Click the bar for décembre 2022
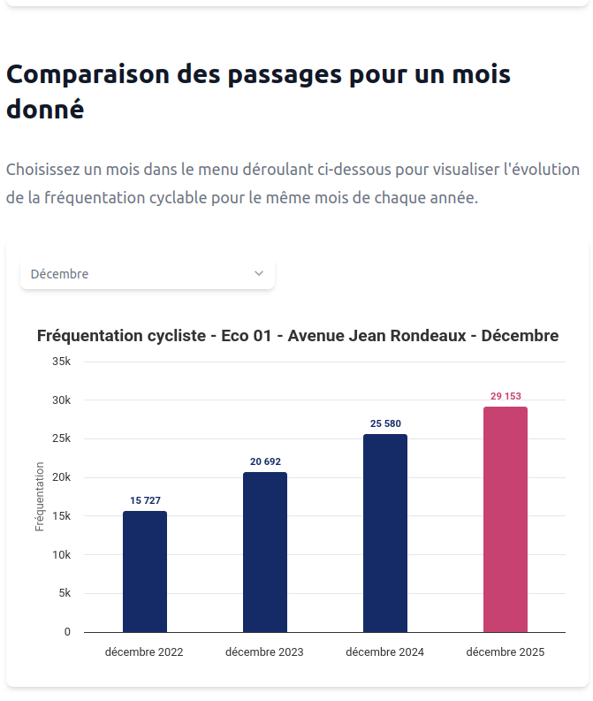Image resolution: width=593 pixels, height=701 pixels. [x=145, y=571]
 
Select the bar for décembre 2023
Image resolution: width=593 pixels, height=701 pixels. [x=265, y=552]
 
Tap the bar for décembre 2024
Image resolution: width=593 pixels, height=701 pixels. [x=385, y=533]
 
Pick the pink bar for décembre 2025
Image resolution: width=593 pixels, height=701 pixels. [x=506, y=519]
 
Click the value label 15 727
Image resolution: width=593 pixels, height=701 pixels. [x=145, y=500]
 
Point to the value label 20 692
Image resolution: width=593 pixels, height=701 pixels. [x=265, y=461]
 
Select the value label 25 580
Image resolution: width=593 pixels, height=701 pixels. [x=385, y=423]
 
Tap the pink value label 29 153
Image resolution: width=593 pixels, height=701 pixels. [x=506, y=396]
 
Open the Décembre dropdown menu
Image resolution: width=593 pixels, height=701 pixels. [x=147, y=274]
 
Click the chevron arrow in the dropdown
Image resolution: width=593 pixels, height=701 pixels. [x=259, y=274]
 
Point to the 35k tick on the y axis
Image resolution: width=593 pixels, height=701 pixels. [x=62, y=362]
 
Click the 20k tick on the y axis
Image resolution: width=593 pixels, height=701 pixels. [x=62, y=477]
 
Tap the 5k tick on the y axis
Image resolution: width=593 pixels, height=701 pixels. [x=65, y=593]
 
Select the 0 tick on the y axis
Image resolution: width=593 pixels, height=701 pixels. [x=67, y=632]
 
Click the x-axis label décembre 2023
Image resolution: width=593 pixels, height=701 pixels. [x=264, y=652]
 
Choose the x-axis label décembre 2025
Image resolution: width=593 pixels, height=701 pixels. [x=506, y=652]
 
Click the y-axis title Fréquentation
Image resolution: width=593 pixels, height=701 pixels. [x=40, y=496]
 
